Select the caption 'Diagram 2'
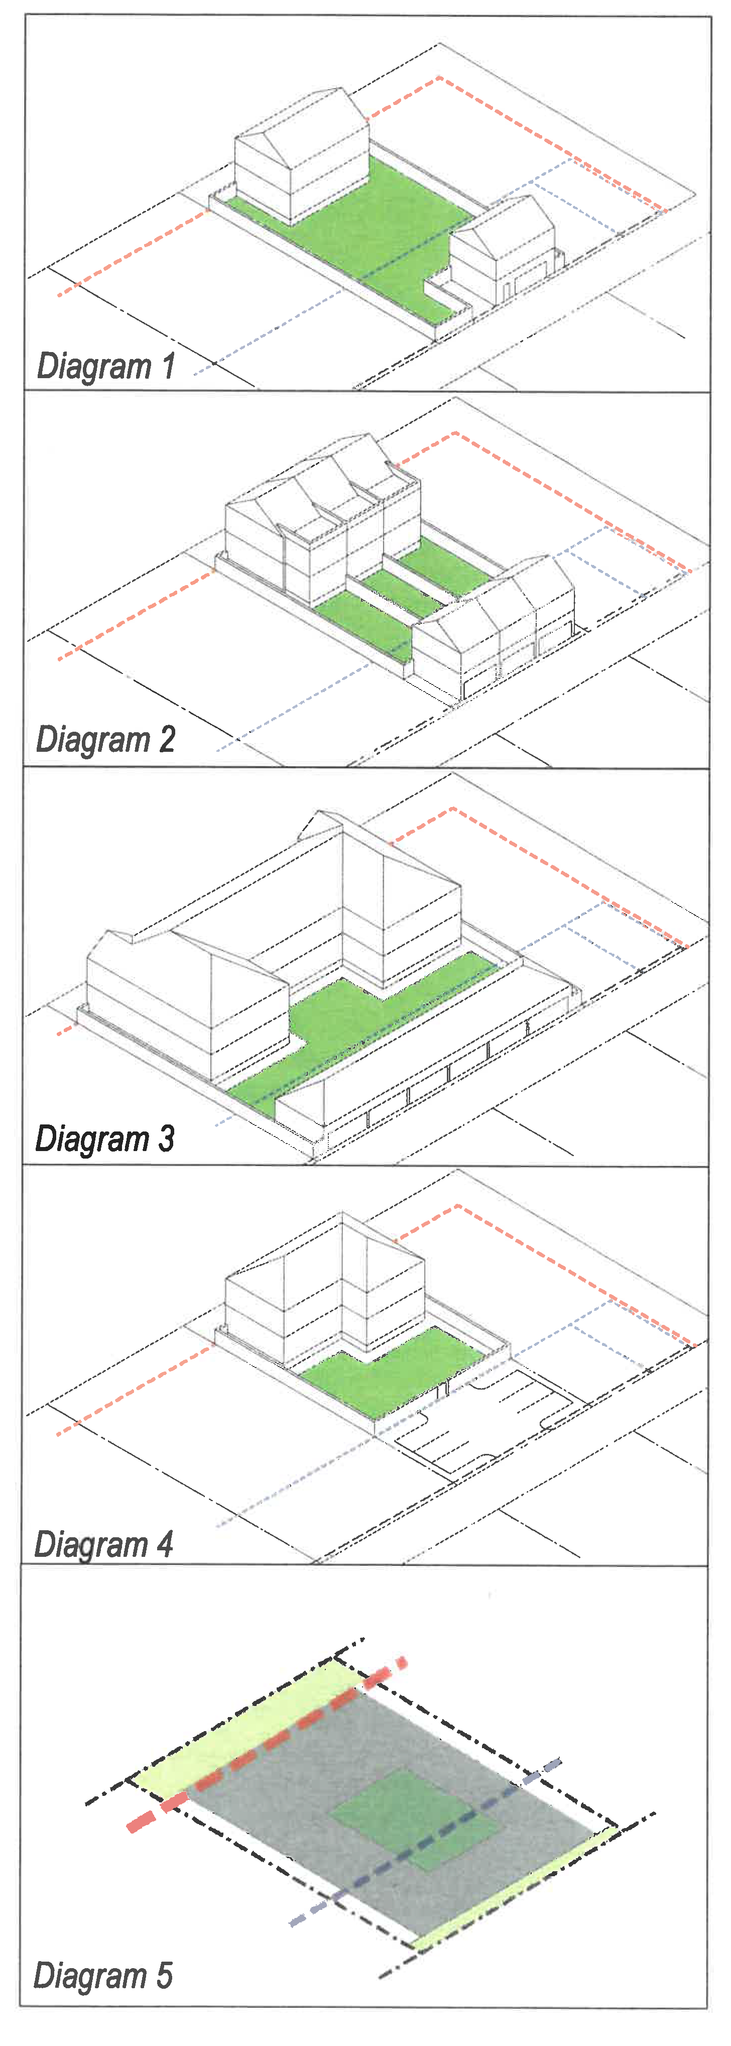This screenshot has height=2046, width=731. tap(105, 739)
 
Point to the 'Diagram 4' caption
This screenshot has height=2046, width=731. tap(104, 1545)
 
